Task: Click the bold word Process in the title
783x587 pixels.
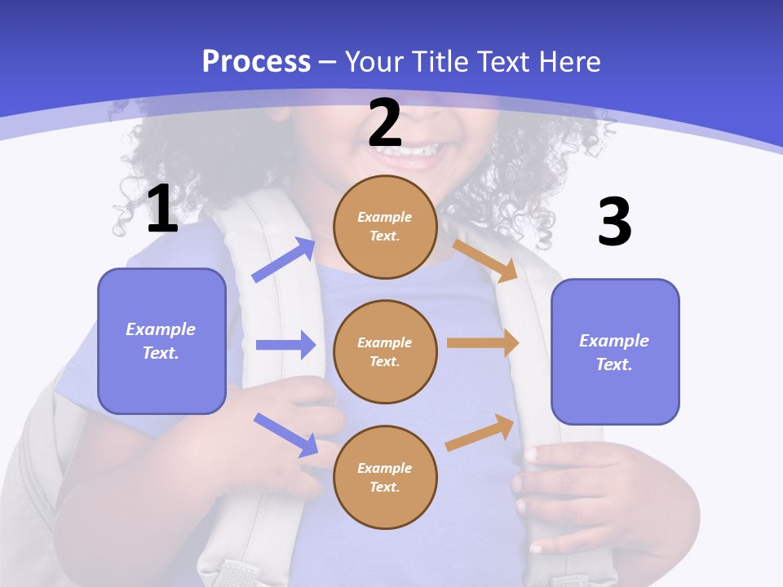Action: [x=256, y=61]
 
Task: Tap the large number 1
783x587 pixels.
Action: [x=162, y=210]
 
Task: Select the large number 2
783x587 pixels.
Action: [x=385, y=123]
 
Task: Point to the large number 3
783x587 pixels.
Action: [x=614, y=222]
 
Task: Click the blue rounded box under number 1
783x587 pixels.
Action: [x=161, y=341]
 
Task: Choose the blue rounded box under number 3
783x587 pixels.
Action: [x=615, y=351]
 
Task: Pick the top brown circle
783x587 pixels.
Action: [x=385, y=227]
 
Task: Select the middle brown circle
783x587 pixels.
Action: [x=385, y=351]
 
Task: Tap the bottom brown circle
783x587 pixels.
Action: [x=385, y=477]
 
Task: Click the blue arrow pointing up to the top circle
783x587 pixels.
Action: [x=284, y=260]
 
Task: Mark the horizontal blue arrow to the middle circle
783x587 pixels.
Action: [x=285, y=345]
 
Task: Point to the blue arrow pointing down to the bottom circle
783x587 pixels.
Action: [x=285, y=434]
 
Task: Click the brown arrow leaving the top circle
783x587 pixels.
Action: [x=485, y=260]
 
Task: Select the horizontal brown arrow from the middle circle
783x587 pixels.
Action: [x=483, y=343]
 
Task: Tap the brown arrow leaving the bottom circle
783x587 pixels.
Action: [x=480, y=433]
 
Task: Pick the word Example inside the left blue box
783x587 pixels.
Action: [x=161, y=329]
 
